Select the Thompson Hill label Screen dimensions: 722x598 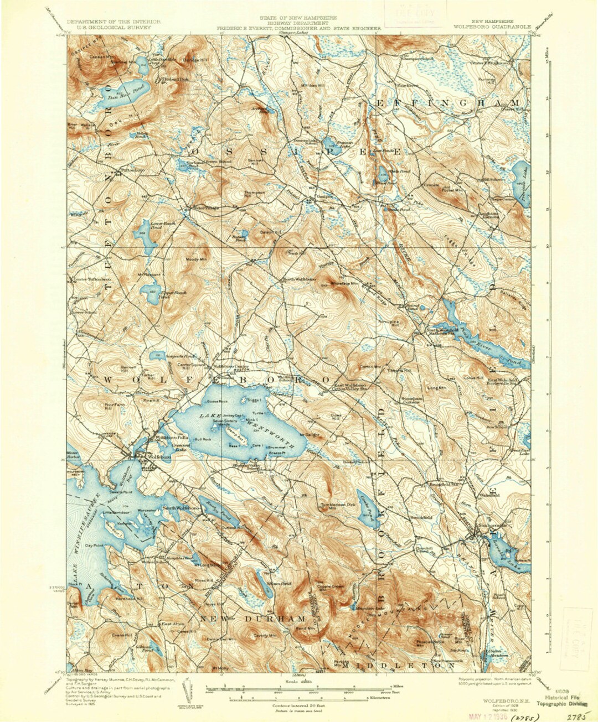(x=255, y=194)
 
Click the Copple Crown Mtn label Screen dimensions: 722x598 (x=330, y=586)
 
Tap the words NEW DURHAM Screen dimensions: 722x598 (x=252, y=618)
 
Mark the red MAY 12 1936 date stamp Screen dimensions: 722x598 (x=491, y=714)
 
